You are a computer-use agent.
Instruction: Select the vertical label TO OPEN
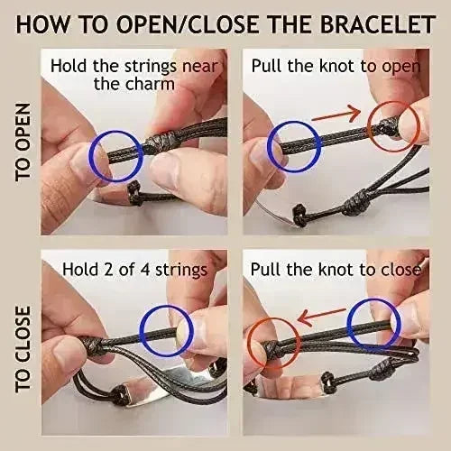(23, 143)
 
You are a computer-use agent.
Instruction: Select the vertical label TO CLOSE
(23, 349)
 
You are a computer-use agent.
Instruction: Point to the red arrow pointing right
(336, 115)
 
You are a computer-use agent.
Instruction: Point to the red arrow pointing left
(321, 317)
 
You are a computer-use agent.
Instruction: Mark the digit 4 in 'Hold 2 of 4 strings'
(145, 270)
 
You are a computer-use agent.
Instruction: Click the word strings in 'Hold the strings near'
(150, 68)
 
